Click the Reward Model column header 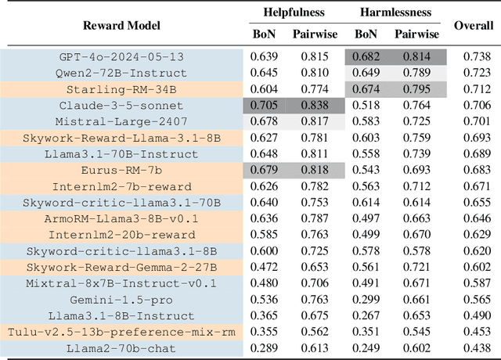coord(122,25)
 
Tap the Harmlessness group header coord(397,13)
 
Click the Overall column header coord(474,25)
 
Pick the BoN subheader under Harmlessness coord(366,34)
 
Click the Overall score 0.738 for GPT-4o coord(474,56)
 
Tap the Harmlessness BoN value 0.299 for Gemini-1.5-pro coord(366,300)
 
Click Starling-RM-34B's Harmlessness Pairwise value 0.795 coord(416,89)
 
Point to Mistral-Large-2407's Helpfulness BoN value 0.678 coord(264,121)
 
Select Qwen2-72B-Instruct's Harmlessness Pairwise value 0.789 coord(416,73)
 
